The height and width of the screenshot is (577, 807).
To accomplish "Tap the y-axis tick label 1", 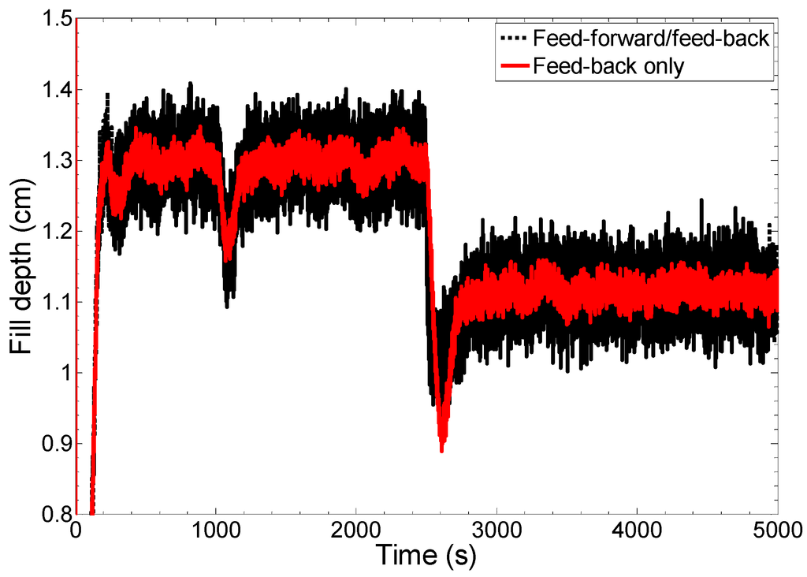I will pos(63,373).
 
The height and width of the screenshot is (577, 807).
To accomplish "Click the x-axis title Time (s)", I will pos(426,557).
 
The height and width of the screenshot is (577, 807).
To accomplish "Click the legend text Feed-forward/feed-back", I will pos(650,38).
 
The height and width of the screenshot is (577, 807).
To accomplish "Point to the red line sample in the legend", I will pos(512,66).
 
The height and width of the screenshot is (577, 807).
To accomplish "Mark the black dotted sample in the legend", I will pos(512,38).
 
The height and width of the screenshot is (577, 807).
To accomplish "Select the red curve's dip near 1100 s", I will pos(228,259).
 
